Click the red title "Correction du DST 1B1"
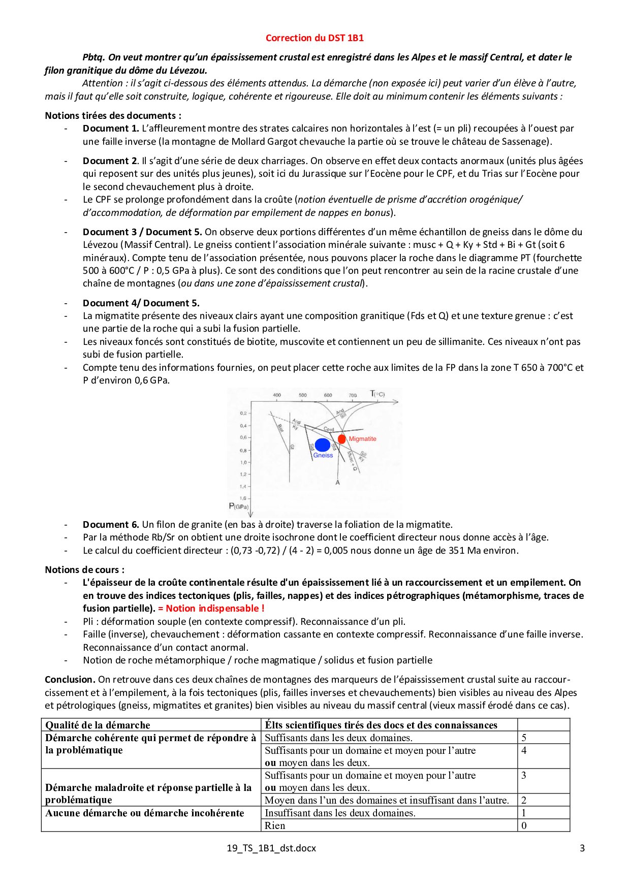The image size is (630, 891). [314, 38]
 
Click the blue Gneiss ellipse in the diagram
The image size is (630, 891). [322, 445]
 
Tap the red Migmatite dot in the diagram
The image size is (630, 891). [341, 439]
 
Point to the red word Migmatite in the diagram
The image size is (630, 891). [362, 439]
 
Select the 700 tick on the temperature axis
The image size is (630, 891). [353, 395]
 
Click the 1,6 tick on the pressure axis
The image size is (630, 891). [243, 498]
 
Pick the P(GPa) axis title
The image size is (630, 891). [239, 506]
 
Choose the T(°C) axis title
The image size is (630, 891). [377, 394]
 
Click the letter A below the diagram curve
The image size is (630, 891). [337, 482]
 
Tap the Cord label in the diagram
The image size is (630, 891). [329, 430]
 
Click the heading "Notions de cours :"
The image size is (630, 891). [84, 569]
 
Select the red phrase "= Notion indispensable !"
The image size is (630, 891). [211, 608]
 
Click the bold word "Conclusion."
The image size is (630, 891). [70, 679]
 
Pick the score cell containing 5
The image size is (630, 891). [524, 738]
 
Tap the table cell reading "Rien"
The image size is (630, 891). [275, 825]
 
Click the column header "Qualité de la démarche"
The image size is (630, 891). [98, 725]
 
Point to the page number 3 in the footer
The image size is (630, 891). [582, 848]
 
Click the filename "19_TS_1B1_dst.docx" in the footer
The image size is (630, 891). [271, 848]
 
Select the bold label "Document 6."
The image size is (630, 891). [111, 524]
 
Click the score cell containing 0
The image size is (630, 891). [524, 825]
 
